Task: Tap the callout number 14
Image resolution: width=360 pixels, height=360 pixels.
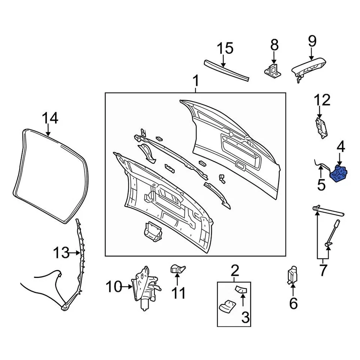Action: pyautogui.click(x=49, y=118)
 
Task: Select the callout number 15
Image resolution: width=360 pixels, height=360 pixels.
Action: pyautogui.click(x=225, y=48)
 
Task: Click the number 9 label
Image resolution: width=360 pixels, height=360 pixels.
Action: pyautogui.click(x=312, y=41)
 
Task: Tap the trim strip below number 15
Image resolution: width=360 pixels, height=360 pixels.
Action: pyautogui.click(x=226, y=72)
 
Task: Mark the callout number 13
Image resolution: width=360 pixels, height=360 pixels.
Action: pyautogui.click(x=60, y=253)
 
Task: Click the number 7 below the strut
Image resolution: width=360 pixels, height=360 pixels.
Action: pyautogui.click(x=323, y=270)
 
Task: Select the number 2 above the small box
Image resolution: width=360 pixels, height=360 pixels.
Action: pyautogui.click(x=234, y=270)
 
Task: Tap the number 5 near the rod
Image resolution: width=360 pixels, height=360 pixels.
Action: pyautogui.click(x=321, y=185)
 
